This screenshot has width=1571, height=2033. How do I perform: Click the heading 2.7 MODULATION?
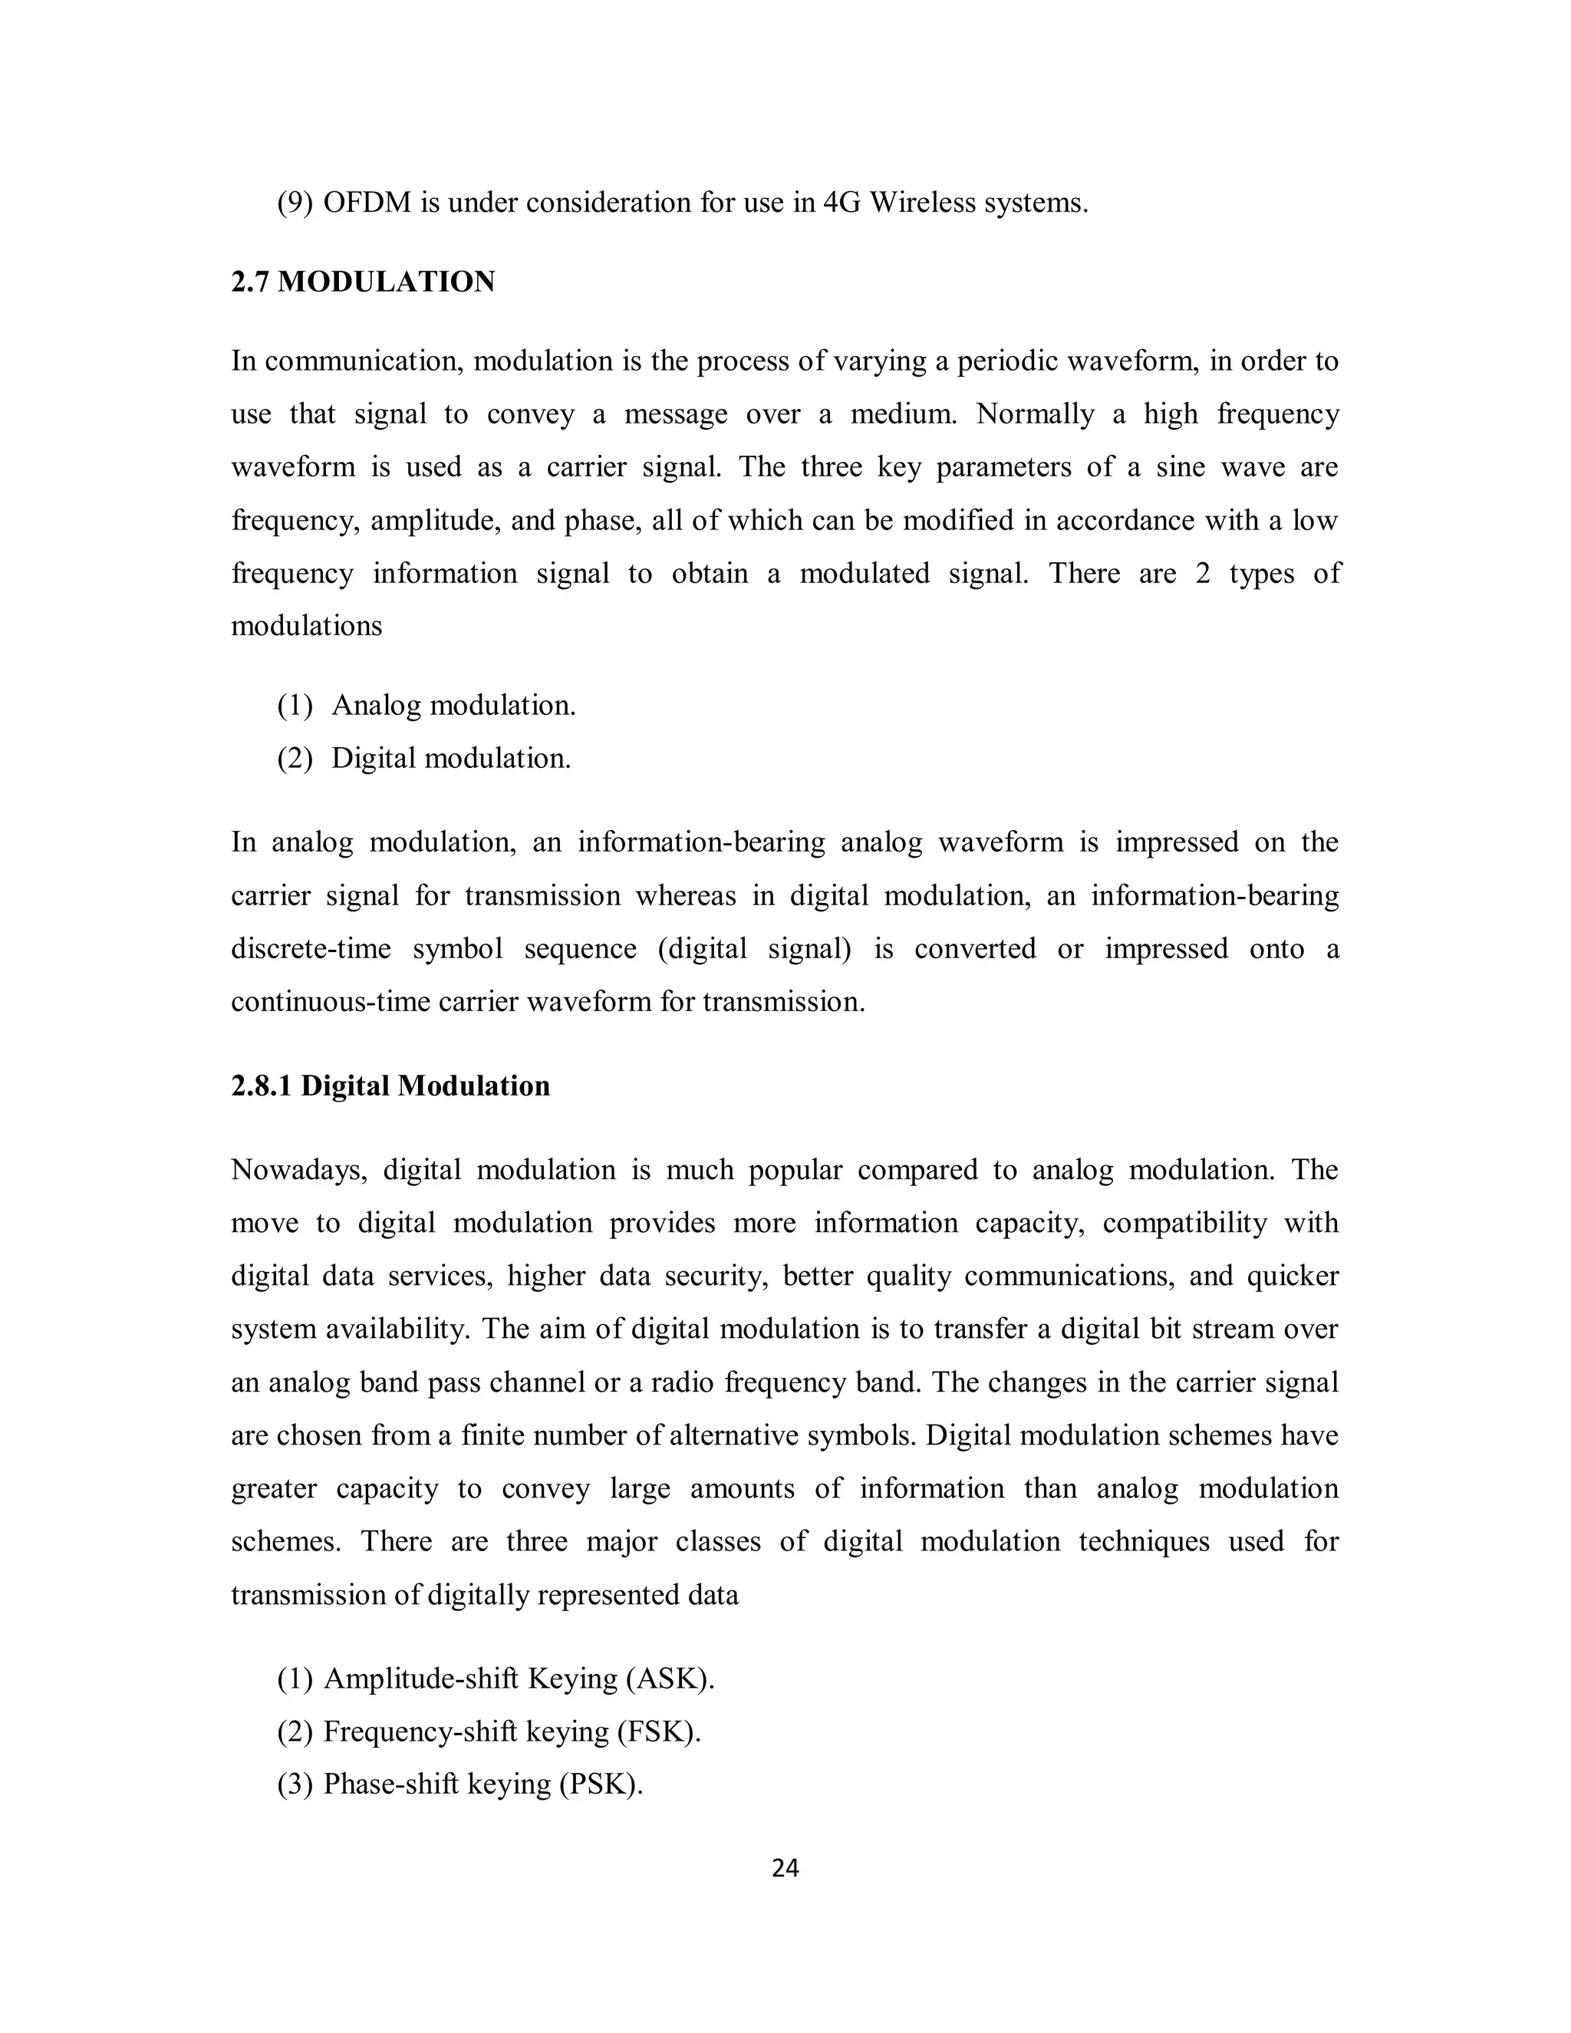tap(363, 282)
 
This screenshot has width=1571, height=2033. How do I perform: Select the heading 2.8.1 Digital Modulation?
tap(390, 1086)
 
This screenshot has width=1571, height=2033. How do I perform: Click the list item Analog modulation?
tap(453, 706)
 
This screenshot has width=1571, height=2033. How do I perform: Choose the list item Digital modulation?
tap(450, 759)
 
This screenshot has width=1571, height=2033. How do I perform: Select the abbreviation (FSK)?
tap(658, 1732)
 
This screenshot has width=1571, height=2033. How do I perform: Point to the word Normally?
tap(1035, 414)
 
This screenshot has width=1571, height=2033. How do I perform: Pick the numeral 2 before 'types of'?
tap(1204, 573)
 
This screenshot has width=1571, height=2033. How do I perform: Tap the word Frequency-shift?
tap(420, 1732)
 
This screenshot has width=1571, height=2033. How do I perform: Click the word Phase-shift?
tap(390, 1784)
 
